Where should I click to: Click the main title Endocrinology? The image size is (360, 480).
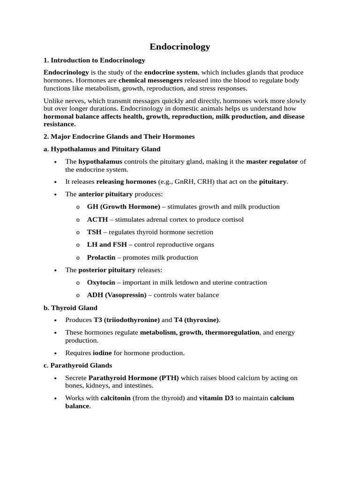tap(180, 46)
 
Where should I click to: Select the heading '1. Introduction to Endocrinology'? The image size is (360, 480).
tap(94, 60)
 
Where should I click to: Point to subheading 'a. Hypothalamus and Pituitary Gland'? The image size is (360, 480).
tap(102, 149)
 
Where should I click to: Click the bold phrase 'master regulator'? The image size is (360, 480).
tap(272, 162)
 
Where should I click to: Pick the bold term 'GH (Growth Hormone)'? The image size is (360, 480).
tap(123, 207)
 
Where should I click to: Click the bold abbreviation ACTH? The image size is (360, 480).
tap(97, 219)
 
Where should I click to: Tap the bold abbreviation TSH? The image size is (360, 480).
tap(94, 232)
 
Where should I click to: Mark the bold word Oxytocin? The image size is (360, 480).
tap(101, 283)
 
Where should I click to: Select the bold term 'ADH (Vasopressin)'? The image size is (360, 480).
tap(117, 295)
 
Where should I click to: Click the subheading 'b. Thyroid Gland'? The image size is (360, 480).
tap(70, 308)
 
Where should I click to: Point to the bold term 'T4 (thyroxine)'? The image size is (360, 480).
tap(196, 320)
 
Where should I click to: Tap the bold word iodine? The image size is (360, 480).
tap(102, 353)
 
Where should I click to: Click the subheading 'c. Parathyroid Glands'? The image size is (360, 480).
tap(78, 365)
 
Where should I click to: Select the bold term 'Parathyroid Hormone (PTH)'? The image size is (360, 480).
tap(133, 378)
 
